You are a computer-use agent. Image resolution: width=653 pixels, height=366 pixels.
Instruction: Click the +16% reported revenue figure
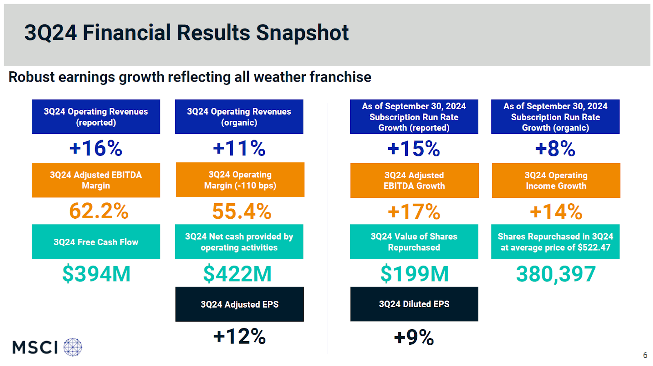[x=96, y=148]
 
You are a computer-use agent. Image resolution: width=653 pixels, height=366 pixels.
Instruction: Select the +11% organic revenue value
[x=239, y=148]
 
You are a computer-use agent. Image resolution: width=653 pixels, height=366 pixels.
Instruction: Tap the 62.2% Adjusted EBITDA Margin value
[x=99, y=211]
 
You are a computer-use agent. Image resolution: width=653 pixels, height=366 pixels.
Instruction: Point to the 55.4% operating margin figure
[x=242, y=211]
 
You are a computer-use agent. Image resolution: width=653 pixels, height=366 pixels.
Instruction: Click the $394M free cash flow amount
[x=96, y=274]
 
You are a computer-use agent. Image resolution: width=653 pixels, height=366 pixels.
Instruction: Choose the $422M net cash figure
[x=238, y=274]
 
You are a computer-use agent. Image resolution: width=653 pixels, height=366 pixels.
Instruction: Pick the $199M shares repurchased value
[x=414, y=274]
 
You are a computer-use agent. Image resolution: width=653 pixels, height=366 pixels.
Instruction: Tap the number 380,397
[x=556, y=274]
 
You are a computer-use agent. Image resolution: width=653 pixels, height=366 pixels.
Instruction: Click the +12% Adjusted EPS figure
[x=240, y=337]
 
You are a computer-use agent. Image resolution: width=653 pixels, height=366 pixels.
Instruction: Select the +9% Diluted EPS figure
[x=414, y=337]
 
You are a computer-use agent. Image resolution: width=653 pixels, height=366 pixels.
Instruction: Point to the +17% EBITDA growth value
[x=414, y=212]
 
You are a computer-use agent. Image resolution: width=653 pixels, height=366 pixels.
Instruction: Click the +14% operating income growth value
[x=556, y=212]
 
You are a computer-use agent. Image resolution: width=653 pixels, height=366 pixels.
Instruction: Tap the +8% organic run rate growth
[x=555, y=149]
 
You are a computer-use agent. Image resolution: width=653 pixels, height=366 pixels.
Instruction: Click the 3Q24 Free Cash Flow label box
[x=96, y=242]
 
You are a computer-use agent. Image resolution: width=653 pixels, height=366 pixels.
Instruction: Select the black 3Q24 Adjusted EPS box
[x=240, y=304]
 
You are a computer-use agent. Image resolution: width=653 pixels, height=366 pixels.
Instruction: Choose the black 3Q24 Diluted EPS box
[x=414, y=304]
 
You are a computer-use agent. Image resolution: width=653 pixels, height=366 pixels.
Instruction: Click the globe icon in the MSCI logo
[x=73, y=347]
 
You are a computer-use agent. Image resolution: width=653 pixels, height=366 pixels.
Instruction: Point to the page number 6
[x=645, y=355]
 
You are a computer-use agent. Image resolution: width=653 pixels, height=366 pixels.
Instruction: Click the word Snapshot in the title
[x=302, y=33]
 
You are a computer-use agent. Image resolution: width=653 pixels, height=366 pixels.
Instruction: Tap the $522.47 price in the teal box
[x=594, y=248]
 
